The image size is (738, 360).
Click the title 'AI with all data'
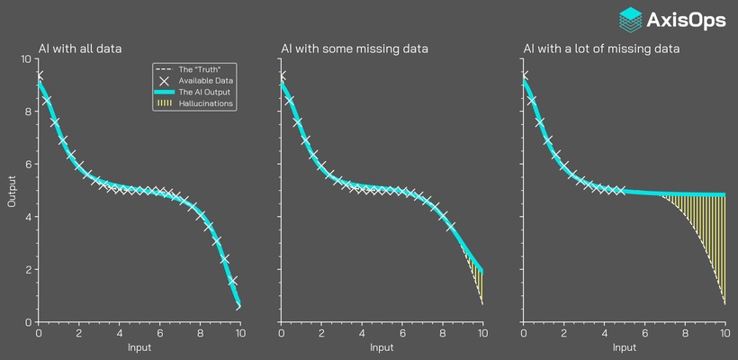coord(80,48)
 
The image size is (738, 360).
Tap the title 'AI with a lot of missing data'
coord(601,48)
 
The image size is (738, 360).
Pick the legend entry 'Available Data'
coord(201,81)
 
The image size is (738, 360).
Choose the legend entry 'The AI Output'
coord(200,93)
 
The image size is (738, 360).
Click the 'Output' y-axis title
coord(13,190)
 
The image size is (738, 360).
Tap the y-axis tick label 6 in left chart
coord(30,165)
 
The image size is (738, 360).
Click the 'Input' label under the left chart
coord(139,347)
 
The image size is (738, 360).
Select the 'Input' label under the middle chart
coord(382,347)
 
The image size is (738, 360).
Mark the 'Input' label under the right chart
coord(625,347)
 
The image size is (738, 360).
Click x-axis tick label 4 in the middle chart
coord(362,333)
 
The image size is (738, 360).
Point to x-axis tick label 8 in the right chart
coord(685,333)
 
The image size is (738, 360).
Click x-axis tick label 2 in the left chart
coord(79,333)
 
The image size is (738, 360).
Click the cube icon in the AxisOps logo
coord(631,20)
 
